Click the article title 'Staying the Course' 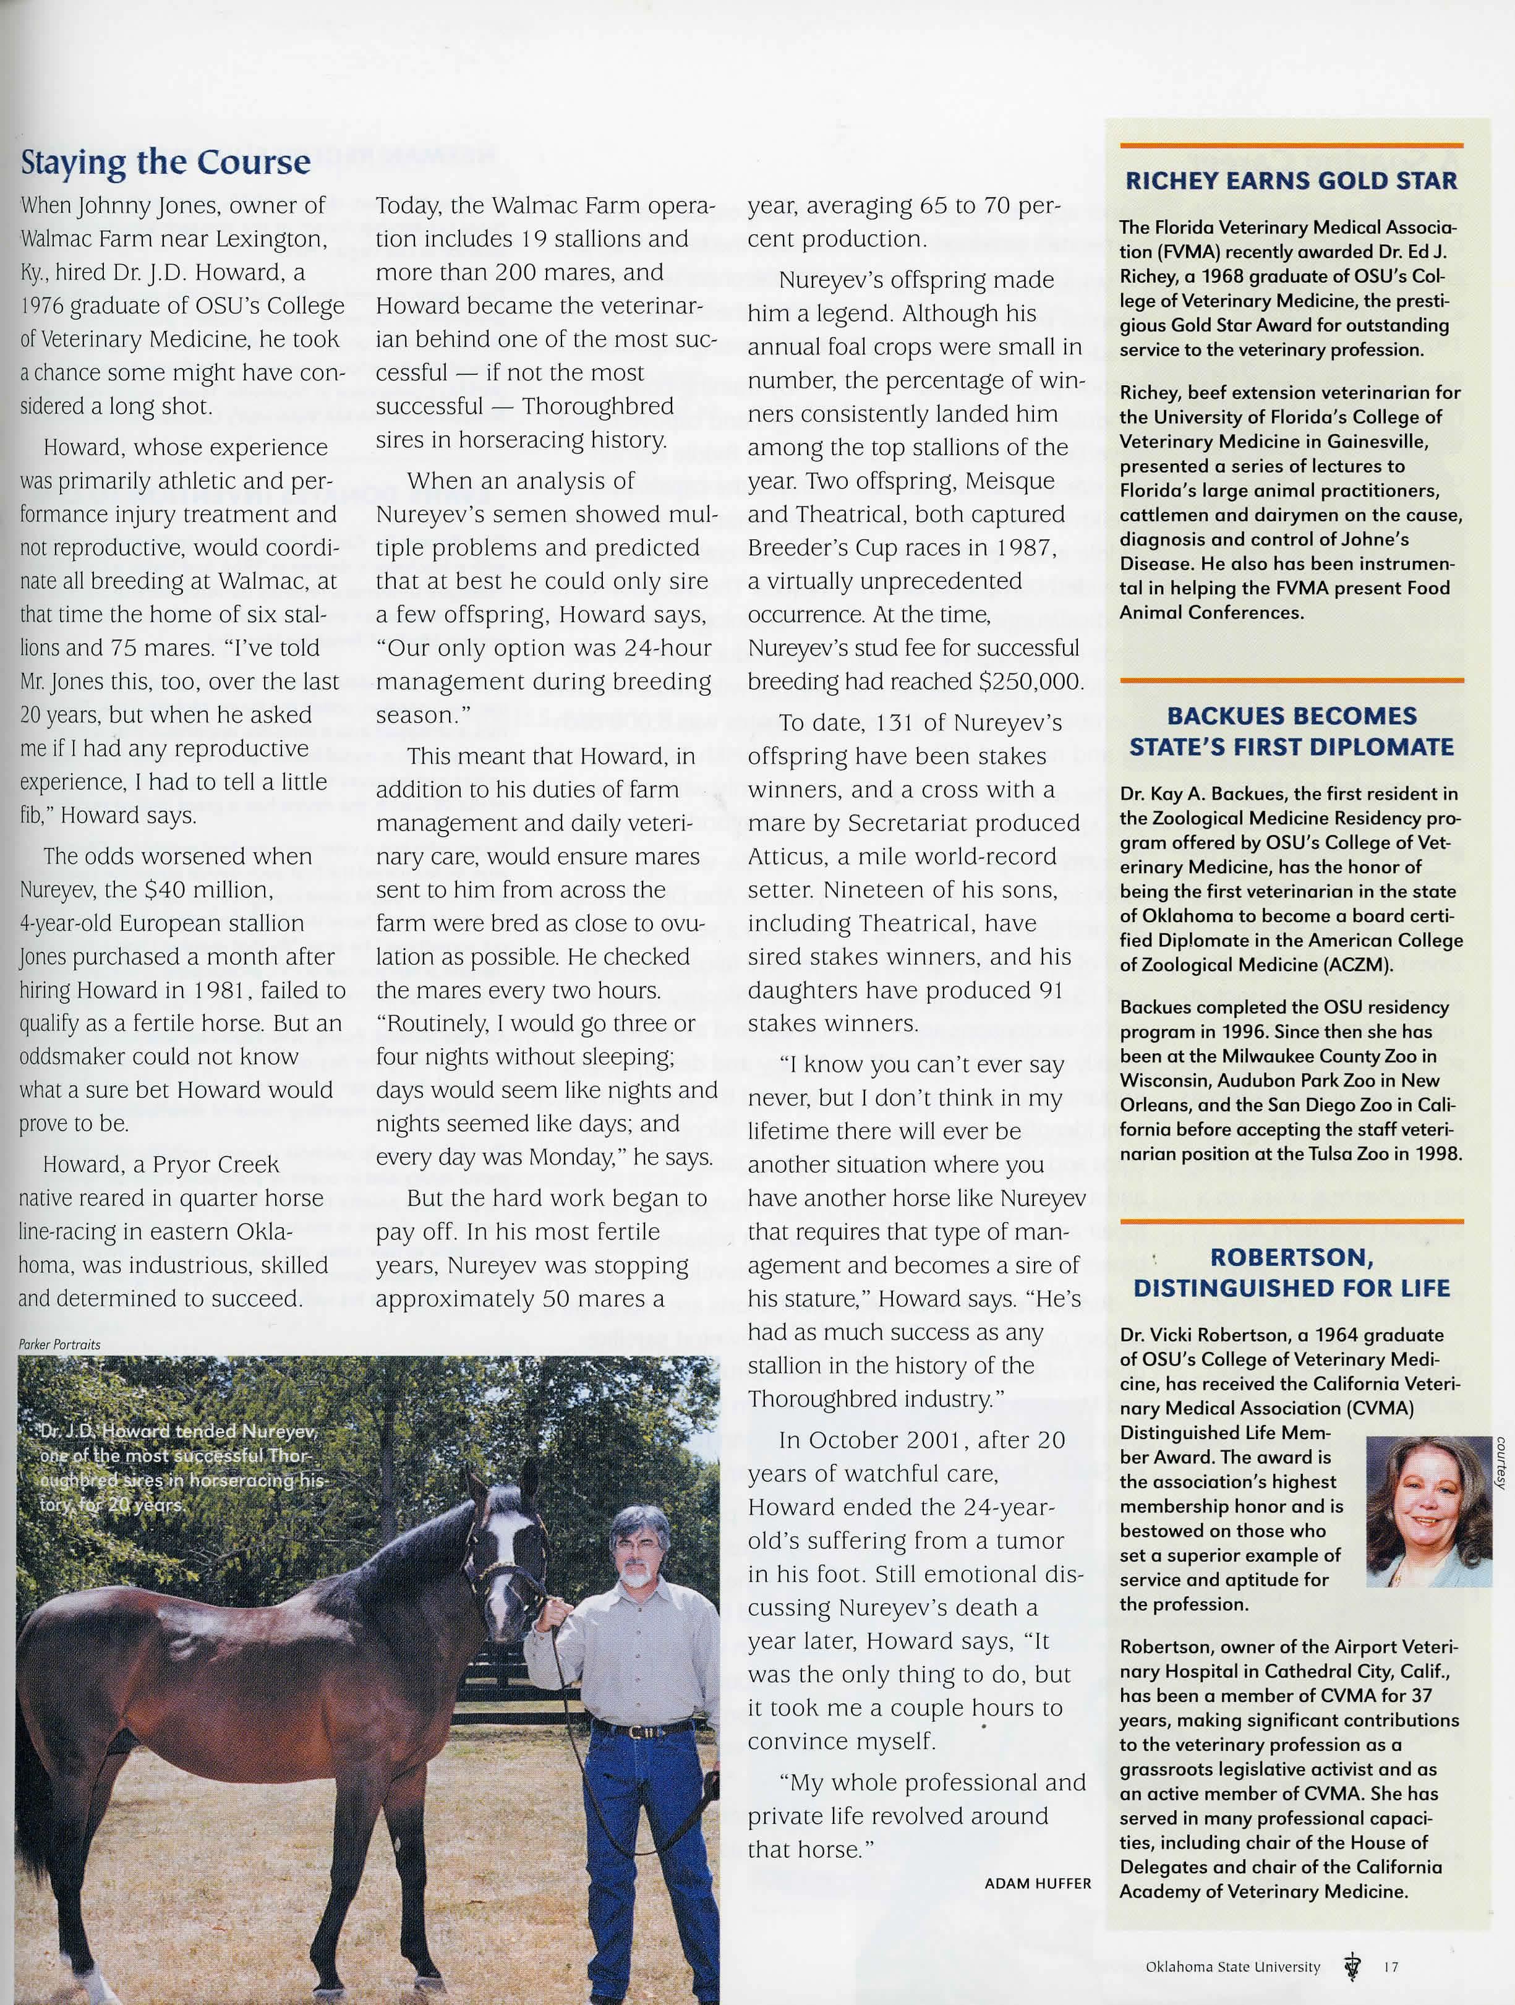coord(165,162)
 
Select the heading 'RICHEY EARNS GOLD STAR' coord(1291,181)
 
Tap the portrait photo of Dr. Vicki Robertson coord(1428,1511)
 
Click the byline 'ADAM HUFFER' coord(1038,1883)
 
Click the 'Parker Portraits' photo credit coord(60,1345)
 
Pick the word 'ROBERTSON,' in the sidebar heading coord(1291,1257)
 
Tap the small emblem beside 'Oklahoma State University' coord(1354,1967)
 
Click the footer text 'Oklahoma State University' coord(1232,1966)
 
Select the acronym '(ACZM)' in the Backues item coord(1357,964)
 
